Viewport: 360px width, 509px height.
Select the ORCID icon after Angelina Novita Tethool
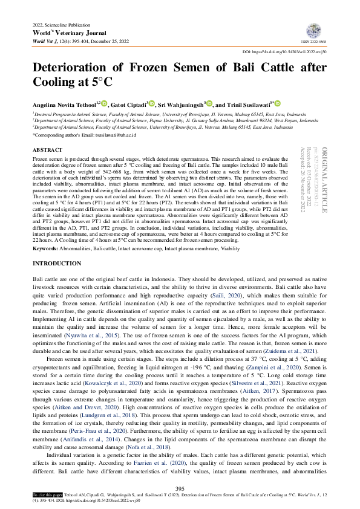pos(104,103)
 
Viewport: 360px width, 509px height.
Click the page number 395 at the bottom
pos(180,488)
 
